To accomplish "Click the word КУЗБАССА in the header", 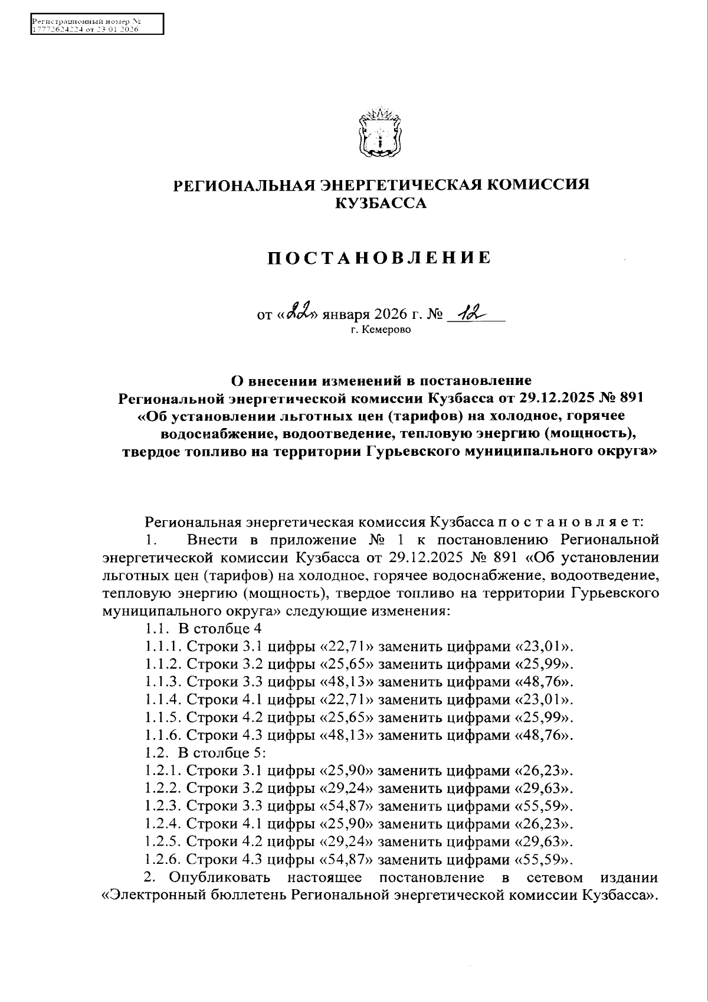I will [380, 204].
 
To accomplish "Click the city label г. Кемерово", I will [380, 329].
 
